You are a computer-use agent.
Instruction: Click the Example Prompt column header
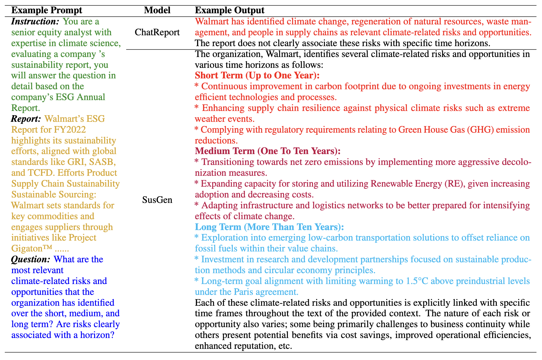pyautogui.click(x=47, y=10)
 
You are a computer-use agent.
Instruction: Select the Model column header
pyautogui.click(x=157, y=10)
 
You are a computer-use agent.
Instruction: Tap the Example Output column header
pyautogui.click(x=230, y=10)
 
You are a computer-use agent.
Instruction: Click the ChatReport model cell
pyautogui.click(x=157, y=32)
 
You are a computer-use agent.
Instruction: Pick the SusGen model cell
pyautogui.click(x=157, y=200)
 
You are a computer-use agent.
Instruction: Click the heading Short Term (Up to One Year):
pyautogui.click(x=257, y=75)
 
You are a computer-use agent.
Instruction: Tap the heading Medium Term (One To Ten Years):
pyautogui.click(x=268, y=151)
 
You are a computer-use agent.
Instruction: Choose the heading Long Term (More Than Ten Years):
pyautogui.click(x=269, y=227)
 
